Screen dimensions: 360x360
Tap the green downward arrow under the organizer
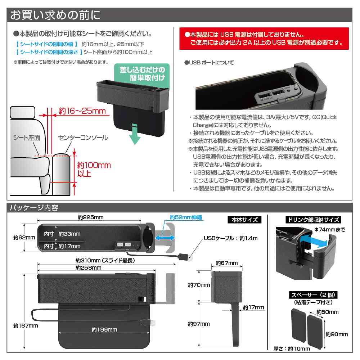[x=134, y=133]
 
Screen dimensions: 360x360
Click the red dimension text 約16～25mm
[x=82, y=111]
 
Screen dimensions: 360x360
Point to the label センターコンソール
[x=83, y=138]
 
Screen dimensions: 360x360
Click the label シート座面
[x=27, y=138]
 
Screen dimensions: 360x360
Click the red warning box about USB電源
[x=265, y=39]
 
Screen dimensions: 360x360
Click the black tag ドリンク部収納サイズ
[x=312, y=220]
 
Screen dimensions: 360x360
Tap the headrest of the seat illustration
[x=23, y=112]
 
